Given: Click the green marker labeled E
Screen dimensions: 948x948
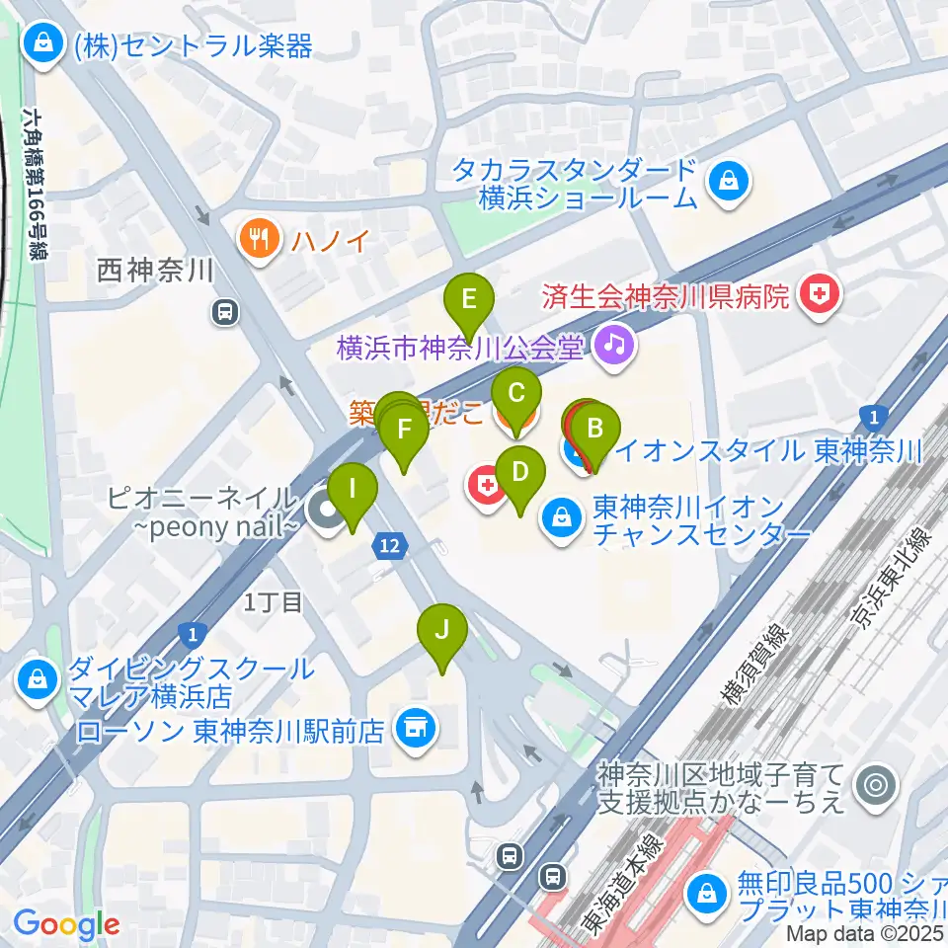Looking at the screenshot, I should (x=469, y=297).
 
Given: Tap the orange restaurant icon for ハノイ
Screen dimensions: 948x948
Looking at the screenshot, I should (x=257, y=238).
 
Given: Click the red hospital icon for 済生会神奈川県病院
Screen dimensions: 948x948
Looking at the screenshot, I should (x=817, y=294).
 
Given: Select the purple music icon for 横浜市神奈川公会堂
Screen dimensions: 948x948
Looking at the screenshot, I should (x=614, y=345).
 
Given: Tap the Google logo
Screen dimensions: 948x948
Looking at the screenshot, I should (x=66, y=924).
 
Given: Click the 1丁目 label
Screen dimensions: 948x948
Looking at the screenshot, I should (x=274, y=602).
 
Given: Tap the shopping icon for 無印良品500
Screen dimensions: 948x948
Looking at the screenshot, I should (x=709, y=894).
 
